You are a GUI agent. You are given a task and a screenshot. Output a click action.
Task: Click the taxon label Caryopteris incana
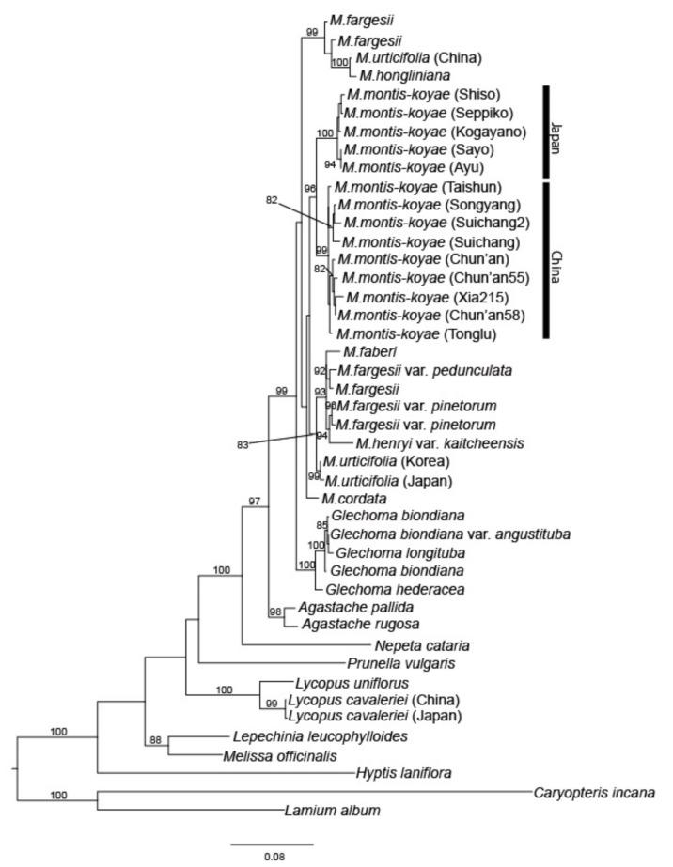click(594, 792)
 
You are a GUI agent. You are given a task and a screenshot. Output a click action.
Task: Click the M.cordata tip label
click(349, 498)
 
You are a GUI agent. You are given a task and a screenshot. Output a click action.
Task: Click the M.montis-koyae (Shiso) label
click(409, 94)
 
